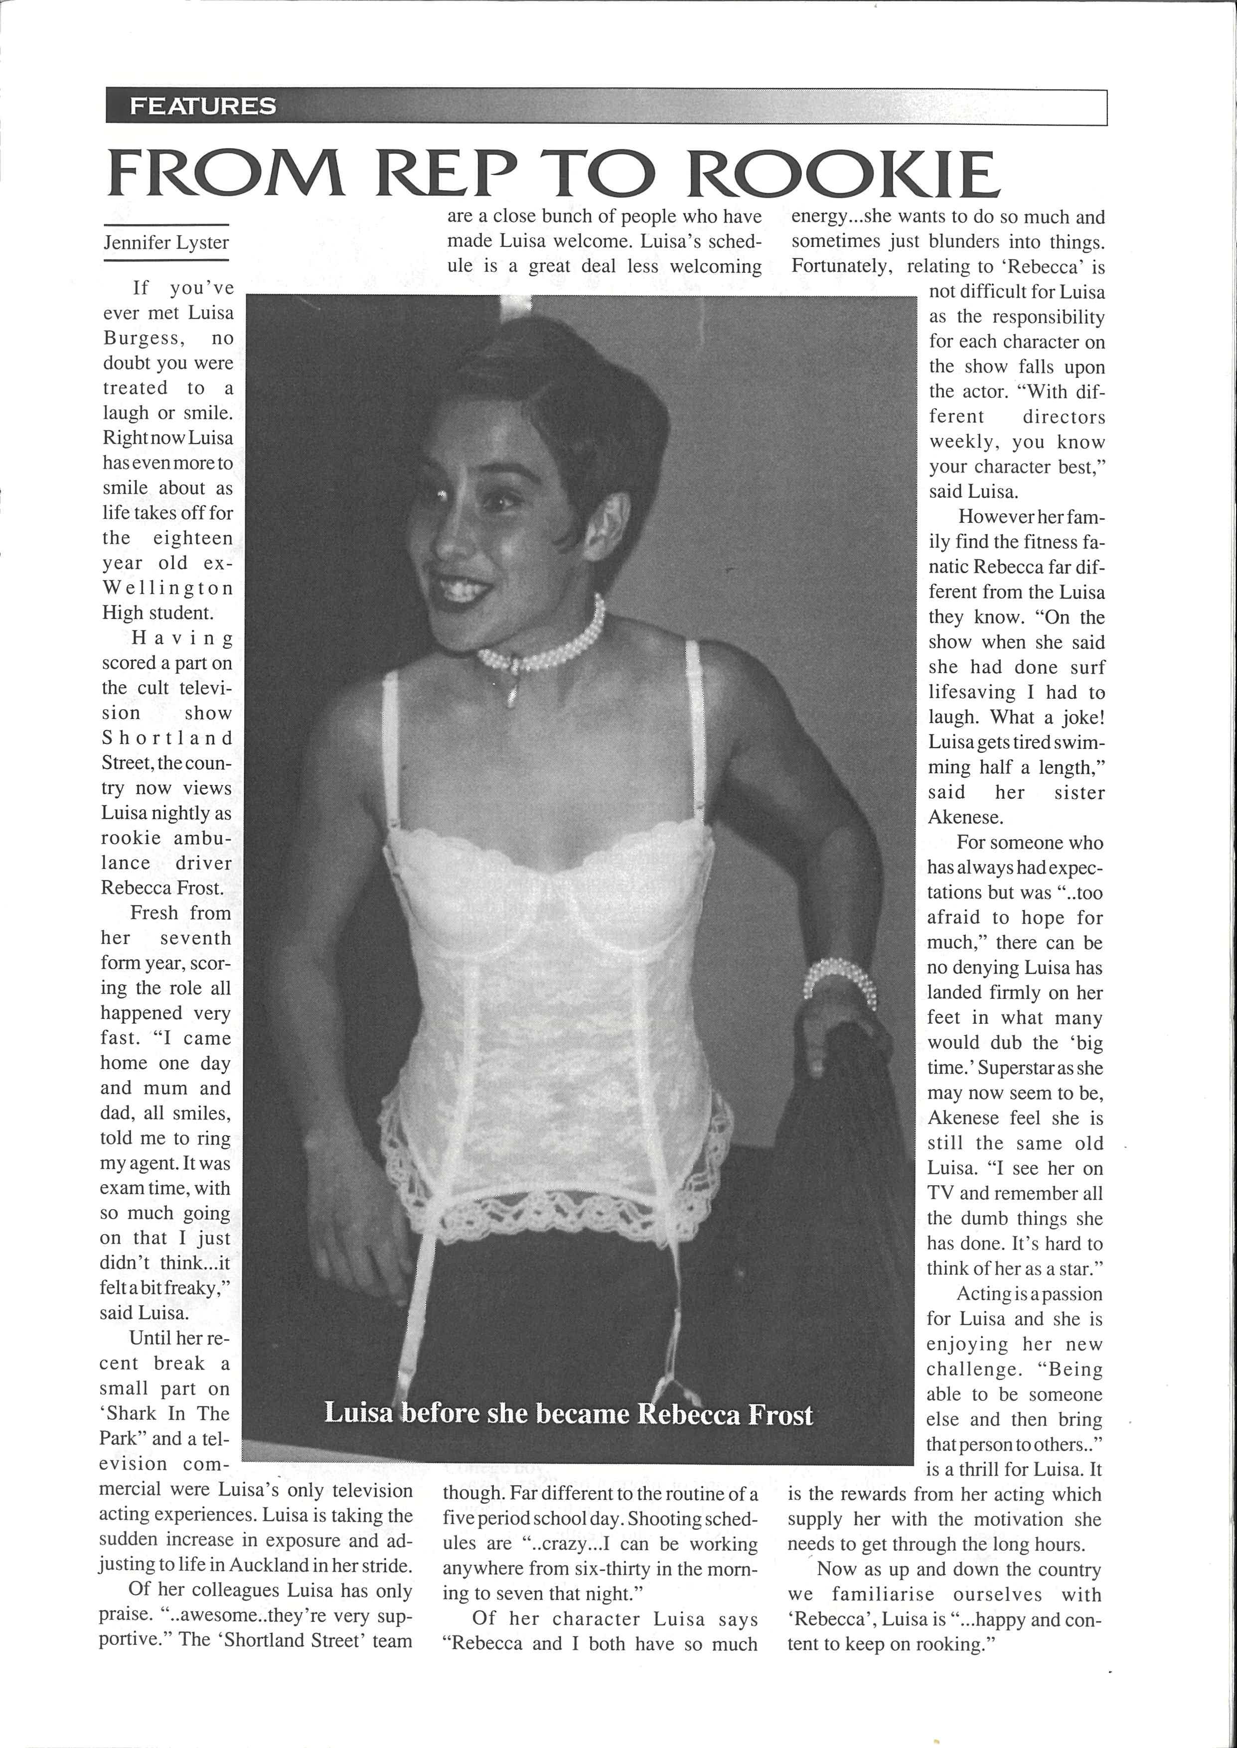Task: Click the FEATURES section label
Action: [203, 106]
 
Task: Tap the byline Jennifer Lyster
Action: [166, 243]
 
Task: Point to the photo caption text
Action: [568, 1413]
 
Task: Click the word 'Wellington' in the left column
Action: [167, 589]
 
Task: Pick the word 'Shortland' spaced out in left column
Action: [167, 739]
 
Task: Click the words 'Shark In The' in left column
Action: [164, 1414]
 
